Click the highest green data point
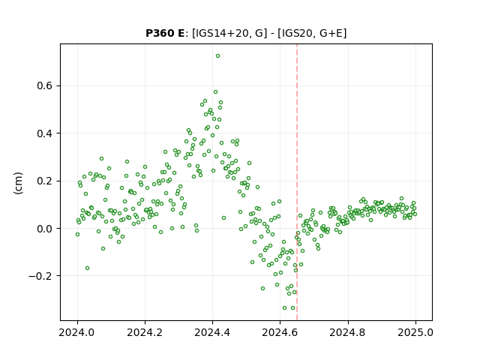217,56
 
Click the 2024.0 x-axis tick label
77,332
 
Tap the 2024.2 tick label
145,332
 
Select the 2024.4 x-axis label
212,332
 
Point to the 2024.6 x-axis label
280,332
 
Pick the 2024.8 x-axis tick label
347,332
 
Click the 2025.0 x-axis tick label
415,332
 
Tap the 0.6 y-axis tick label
45,85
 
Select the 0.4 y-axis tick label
45,133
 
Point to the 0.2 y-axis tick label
45,181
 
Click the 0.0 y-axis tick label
45,229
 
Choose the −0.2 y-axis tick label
40,276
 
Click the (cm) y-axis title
18,183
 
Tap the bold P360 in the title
160,33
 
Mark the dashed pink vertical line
297,182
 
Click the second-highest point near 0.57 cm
215,91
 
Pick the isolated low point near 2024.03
87,268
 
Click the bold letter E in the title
181,33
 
